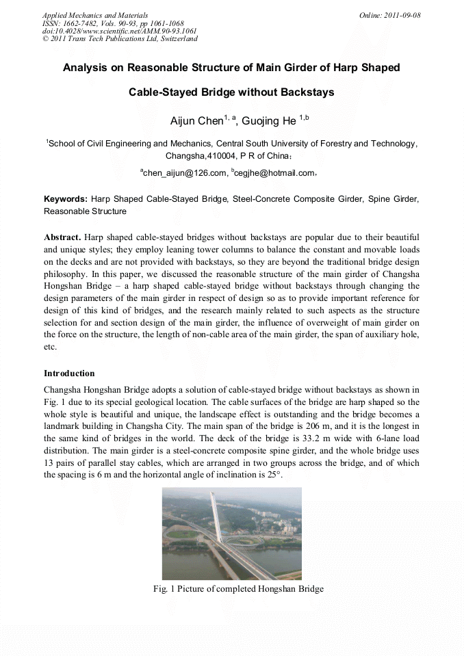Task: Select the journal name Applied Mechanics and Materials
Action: [94, 14]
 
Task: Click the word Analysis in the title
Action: [90, 68]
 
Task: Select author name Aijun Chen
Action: [196, 122]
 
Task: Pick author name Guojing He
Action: [270, 122]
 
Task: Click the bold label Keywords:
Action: [66, 199]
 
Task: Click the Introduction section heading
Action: [69, 373]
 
